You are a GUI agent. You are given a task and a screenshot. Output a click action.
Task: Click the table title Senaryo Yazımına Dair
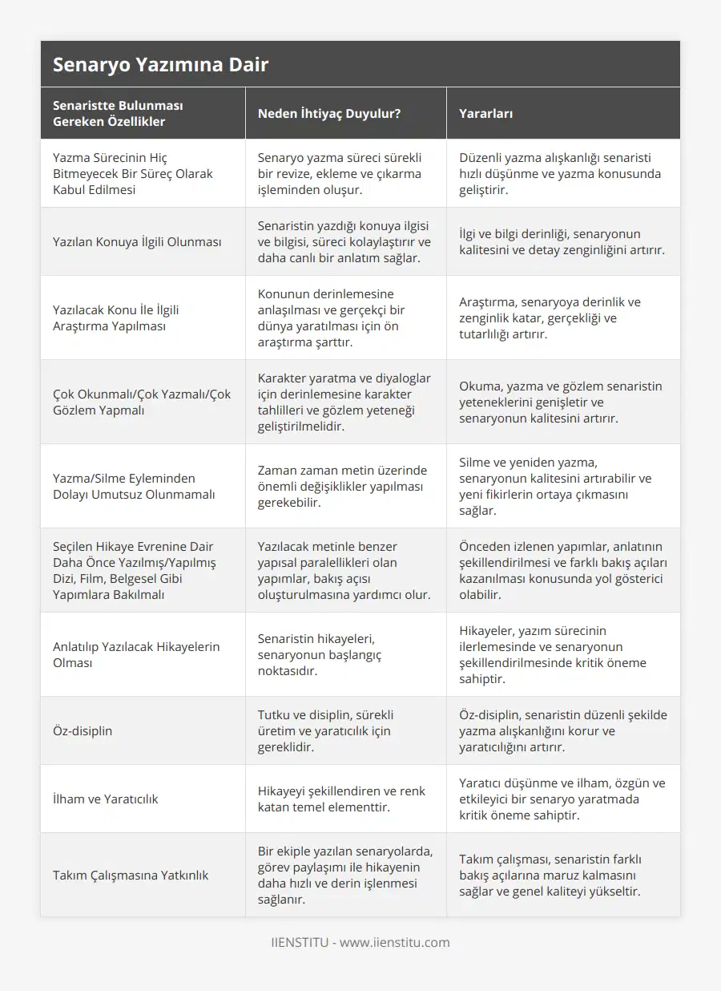(160, 65)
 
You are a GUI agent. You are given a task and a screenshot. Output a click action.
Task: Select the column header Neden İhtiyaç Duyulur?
(328, 114)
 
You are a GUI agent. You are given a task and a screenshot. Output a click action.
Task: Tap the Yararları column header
(486, 114)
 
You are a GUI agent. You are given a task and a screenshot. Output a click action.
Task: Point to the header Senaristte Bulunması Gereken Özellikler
(119, 114)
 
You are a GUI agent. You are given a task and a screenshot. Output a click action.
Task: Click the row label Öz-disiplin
(83, 731)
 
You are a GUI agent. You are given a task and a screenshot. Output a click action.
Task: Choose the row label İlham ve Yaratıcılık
(105, 799)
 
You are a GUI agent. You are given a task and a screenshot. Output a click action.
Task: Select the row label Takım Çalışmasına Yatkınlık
(131, 876)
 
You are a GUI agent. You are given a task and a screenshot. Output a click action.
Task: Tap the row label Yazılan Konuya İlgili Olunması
(137, 242)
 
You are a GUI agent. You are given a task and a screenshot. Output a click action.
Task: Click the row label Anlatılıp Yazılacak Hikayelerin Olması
(136, 655)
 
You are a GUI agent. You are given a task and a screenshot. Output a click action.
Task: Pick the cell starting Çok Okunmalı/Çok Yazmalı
(142, 402)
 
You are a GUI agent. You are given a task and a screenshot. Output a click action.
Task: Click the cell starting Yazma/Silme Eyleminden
(134, 487)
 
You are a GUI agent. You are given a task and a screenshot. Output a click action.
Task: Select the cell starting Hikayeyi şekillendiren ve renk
(341, 799)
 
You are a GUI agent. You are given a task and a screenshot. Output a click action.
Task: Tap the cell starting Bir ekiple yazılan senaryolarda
(344, 876)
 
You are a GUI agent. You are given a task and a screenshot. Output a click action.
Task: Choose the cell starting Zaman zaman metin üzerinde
(342, 487)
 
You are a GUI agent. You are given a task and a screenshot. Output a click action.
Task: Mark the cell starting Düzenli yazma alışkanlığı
(560, 174)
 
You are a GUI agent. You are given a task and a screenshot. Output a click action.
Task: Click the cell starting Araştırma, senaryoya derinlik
(550, 318)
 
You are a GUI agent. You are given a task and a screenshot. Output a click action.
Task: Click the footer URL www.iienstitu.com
(395, 943)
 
